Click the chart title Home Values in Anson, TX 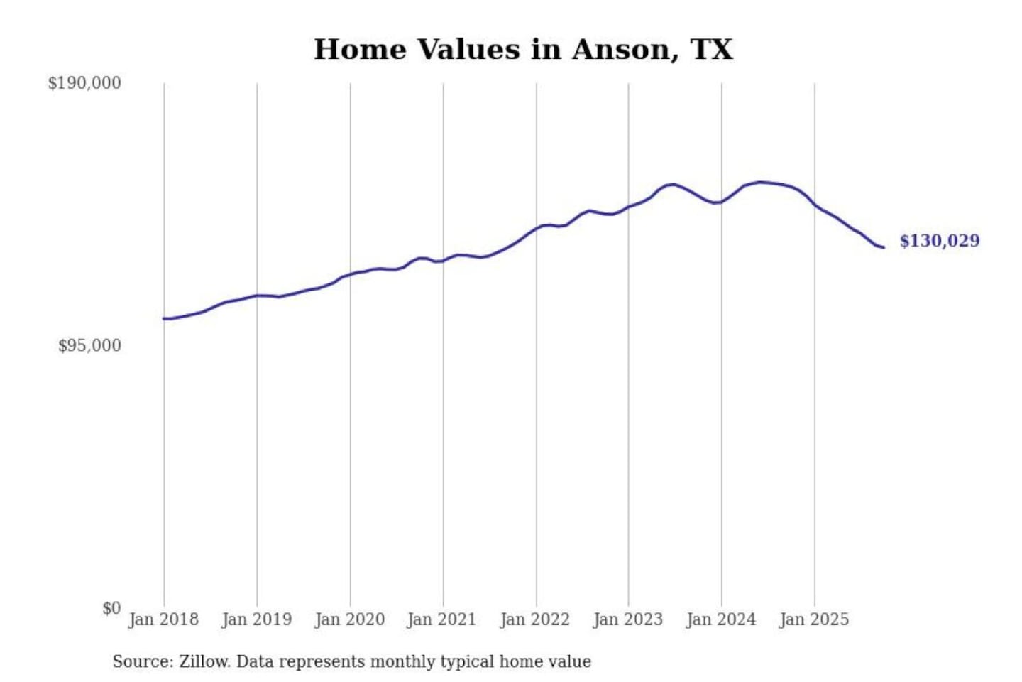pos(523,50)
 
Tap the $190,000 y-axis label pos(84,83)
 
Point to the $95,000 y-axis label pos(89,346)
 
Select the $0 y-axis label pos(111,608)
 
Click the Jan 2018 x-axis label pos(163,619)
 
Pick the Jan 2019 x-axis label pos(256,619)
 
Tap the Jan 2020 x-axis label pos(349,619)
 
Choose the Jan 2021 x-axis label pos(441,619)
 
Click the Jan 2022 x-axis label pos(534,619)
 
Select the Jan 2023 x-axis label pos(627,619)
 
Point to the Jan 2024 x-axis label pos(720,619)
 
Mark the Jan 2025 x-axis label pos(813,619)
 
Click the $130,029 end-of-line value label pos(939,241)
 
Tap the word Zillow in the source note pos(204,662)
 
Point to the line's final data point pos(883,247)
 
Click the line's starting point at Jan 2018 pos(164,318)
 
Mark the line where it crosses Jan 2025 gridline pos(815,205)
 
